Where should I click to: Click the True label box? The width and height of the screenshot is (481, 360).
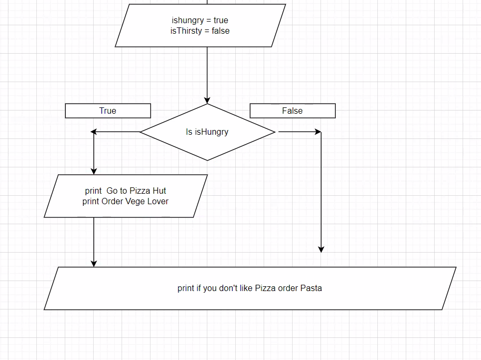tap(108, 111)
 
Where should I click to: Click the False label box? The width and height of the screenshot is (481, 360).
tap(292, 111)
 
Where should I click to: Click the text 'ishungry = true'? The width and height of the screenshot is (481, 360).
tap(200, 21)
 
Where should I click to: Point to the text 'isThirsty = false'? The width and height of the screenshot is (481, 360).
tap(200, 31)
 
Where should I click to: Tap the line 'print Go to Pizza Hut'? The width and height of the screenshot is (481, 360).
tap(125, 191)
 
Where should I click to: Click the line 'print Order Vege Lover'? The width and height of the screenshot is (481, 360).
tap(125, 201)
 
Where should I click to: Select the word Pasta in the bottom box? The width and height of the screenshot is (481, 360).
tap(311, 288)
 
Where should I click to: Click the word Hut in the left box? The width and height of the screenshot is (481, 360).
tap(159, 191)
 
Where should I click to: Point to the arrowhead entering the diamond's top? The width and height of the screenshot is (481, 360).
tap(207, 100)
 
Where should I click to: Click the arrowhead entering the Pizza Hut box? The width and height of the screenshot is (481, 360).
tap(94, 171)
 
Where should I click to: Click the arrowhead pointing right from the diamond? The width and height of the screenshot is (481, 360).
tap(317, 132)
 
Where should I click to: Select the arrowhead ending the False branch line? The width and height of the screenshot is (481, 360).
tap(321, 249)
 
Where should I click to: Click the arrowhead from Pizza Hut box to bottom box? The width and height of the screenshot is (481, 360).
tap(94, 263)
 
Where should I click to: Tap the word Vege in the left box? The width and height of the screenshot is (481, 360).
tap(135, 201)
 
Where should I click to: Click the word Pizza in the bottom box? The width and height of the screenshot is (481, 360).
tap(266, 288)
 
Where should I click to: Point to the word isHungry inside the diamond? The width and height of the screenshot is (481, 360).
tap(212, 132)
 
